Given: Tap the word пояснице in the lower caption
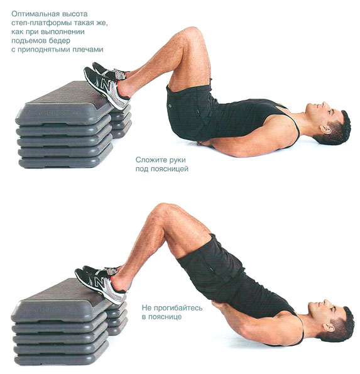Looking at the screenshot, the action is pyautogui.click(x=165, y=317).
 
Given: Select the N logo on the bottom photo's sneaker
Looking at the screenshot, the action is pyautogui.click(x=99, y=282).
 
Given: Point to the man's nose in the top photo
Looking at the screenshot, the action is pyautogui.click(x=324, y=104).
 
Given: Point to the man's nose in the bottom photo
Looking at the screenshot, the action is pyautogui.click(x=326, y=302).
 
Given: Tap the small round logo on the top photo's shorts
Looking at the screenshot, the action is pyautogui.click(x=170, y=106).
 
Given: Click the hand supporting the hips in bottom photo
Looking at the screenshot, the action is pyautogui.click(x=217, y=307).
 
